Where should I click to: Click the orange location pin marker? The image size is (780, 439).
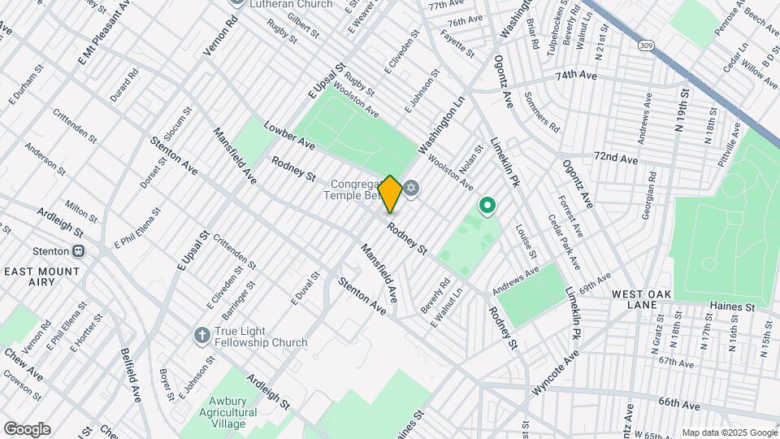390,194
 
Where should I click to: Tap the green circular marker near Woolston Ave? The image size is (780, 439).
487,206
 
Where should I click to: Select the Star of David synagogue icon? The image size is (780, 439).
411,189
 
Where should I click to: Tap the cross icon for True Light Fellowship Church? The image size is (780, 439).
201,335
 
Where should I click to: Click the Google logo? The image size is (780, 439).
27,429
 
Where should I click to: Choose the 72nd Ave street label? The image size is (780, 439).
615,157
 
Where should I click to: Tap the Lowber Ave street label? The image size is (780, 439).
289,137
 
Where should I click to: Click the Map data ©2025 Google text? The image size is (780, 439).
730,432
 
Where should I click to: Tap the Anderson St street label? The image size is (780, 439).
45,159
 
